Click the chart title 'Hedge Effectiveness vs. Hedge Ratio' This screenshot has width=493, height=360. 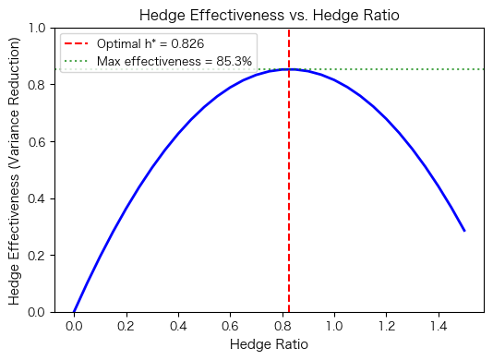pos(269,15)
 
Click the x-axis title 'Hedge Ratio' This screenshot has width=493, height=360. pos(269,344)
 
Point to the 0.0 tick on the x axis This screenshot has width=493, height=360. pos(74,325)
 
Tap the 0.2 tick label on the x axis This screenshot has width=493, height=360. pos(126,325)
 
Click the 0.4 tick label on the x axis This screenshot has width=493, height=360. pos(178,325)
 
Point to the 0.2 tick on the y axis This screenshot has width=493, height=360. pos(42,256)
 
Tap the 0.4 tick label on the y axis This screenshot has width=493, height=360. pos(42,198)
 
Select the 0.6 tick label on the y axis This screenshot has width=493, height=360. pos(42,141)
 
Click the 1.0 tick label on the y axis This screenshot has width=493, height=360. pos(42,28)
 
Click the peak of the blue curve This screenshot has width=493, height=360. pos(289,69)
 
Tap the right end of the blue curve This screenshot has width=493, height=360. pos(464,231)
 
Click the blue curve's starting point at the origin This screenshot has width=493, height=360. pos(74,312)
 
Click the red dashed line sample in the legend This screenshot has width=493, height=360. pos(78,43)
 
